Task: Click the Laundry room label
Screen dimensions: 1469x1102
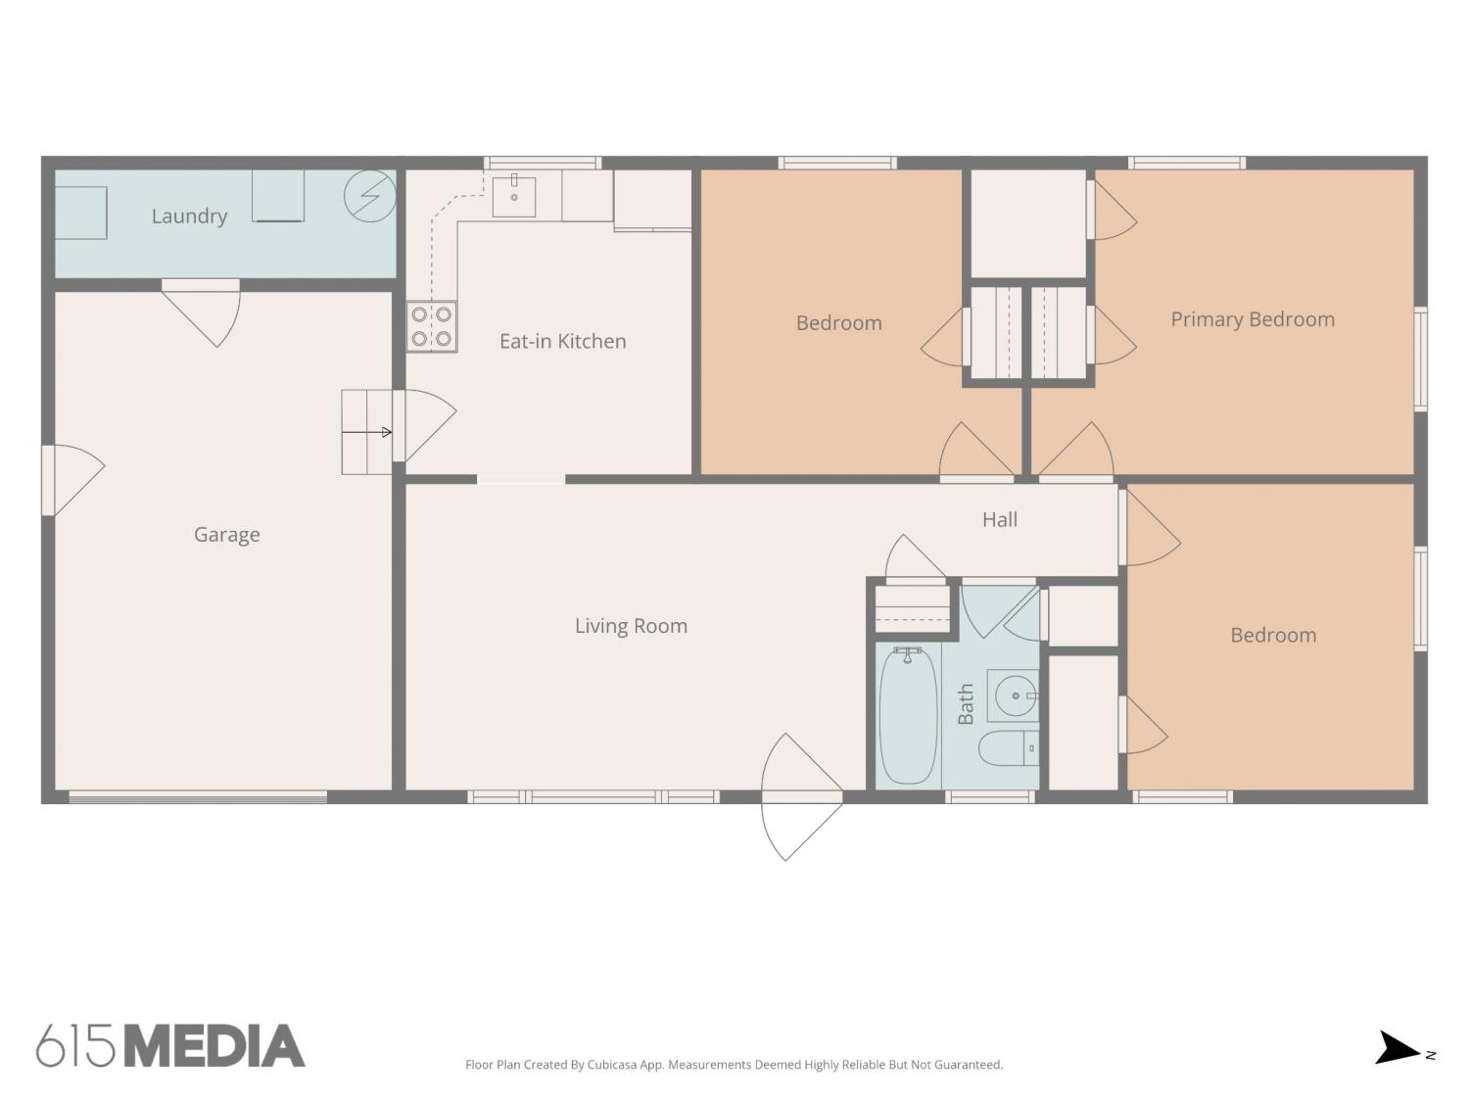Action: [189, 216]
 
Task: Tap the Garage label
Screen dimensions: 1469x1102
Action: [227, 535]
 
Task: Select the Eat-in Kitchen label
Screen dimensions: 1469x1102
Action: [563, 341]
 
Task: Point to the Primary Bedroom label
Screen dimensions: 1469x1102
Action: [1253, 320]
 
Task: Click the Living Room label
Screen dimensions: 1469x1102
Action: [631, 626]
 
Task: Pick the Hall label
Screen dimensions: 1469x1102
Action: [1000, 520]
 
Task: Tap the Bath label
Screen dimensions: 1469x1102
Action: [965, 704]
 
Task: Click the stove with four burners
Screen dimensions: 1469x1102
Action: [432, 326]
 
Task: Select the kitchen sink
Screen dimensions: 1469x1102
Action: [514, 197]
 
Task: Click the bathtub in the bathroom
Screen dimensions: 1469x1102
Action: [908, 715]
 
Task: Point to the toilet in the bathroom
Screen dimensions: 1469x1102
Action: [1009, 748]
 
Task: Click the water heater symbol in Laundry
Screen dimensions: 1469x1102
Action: [370, 196]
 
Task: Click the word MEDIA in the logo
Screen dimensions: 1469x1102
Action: [215, 1046]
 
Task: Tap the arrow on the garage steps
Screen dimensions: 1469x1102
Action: [366, 432]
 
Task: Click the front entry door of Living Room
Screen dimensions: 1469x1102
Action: [802, 797]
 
